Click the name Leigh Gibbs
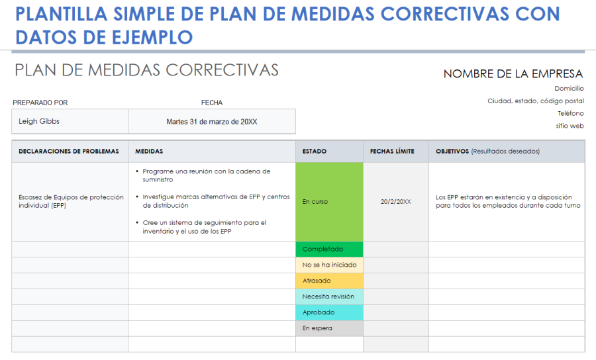click(x=39, y=122)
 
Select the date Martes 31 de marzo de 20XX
click(x=211, y=122)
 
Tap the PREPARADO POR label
click(x=40, y=103)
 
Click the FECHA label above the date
click(x=212, y=103)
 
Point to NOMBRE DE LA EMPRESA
click(x=513, y=74)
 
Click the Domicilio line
click(x=569, y=88)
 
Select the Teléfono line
click(x=570, y=113)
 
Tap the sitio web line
click(x=570, y=126)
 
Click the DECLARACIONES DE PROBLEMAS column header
click(x=69, y=152)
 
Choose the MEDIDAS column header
click(x=149, y=152)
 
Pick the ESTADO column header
click(x=315, y=152)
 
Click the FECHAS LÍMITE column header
click(x=392, y=152)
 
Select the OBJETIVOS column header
click(x=487, y=152)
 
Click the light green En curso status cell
click(x=329, y=202)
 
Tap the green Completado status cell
click(x=329, y=249)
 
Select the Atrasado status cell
click(x=329, y=281)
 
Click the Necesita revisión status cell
click(x=329, y=297)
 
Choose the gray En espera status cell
click(x=329, y=328)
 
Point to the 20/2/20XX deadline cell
click(x=395, y=202)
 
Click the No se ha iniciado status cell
click(x=329, y=265)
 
